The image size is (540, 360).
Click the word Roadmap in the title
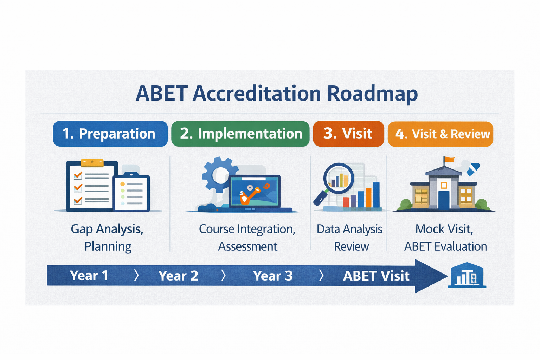click(x=372, y=94)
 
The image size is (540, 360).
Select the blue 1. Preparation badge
click(x=110, y=134)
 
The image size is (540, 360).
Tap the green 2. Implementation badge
click(x=240, y=134)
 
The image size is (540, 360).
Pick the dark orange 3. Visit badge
click(x=348, y=134)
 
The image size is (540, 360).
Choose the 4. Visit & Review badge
click(x=441, y=134)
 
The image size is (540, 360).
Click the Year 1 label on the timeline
click(x=89, y=275)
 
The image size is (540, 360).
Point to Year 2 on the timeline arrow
click(x=178, y=276)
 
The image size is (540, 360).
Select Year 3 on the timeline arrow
click(x=273, y=276)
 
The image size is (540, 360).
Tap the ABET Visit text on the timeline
click(x=376, y=276)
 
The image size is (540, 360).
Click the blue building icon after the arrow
click(x=467, y=275)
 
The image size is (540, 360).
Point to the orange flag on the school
click(x=449, y=159)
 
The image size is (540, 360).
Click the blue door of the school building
click(x=444, y=200)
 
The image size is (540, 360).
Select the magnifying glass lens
click(x=339, y=179)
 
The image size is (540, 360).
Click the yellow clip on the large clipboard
click(x=92, y=163)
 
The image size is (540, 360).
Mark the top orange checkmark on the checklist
click(x=78, y=175)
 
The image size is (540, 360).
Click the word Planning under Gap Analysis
click(x=108, y=246)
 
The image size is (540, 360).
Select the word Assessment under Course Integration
click(x=247, y=246)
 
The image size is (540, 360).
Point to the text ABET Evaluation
click(x=445, y=246)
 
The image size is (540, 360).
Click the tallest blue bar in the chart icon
click(x=376, y=195)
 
